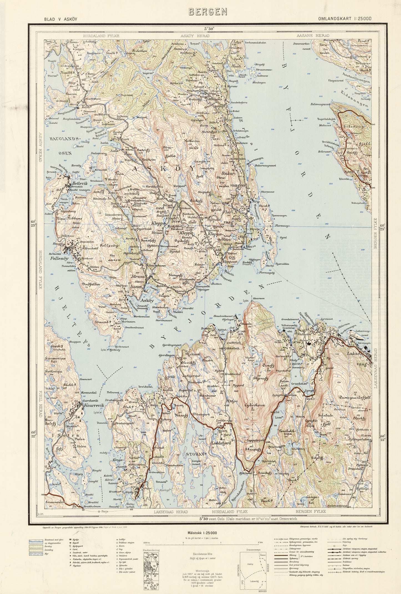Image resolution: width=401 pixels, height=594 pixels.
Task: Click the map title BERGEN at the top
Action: point(208,11)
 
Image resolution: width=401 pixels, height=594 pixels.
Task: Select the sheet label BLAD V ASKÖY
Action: point(60,19)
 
